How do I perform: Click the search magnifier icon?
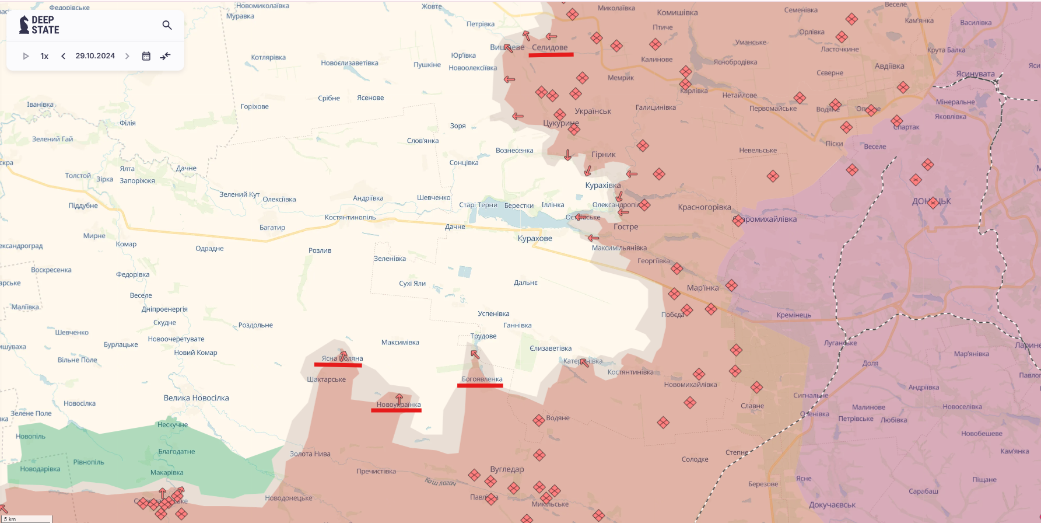pyautogui.click(x=167, y=25)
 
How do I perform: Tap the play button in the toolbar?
pyautogui.click(x=26, y=56)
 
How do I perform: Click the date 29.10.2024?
pyautogui.click(x=95, y=56)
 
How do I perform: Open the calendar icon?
pyautogui.click(x=146, y=56)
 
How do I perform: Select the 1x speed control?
pyautogui.click(x=44, y=56)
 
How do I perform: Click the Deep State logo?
pyautogui.click(x=40, y=25)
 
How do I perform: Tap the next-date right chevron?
pyautogui.click(x=127, y=56)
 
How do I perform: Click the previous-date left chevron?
pyautogui.click(x=63, y=56)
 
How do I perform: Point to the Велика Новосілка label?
pyautogui.click(x=196, y=398)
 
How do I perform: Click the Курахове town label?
pyautogui.click(x=535, y=238)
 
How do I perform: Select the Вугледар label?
pyautogui.click(x=507, y=469)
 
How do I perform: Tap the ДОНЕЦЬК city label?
pyautogui.click(x=931, y=201)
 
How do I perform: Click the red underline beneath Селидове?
pyautogui.click(x=551, y=55)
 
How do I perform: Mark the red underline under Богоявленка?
pyautogui.click(x=480, y=386)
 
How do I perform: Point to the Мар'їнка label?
pyautogui.click(x=703, y=288)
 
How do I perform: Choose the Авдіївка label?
pyautogui.click(x=889, y=66)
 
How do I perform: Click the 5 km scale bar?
pyautogui.click(x=27, y=519)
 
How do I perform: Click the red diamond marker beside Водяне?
pyautogui.click(x=538, y=420)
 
